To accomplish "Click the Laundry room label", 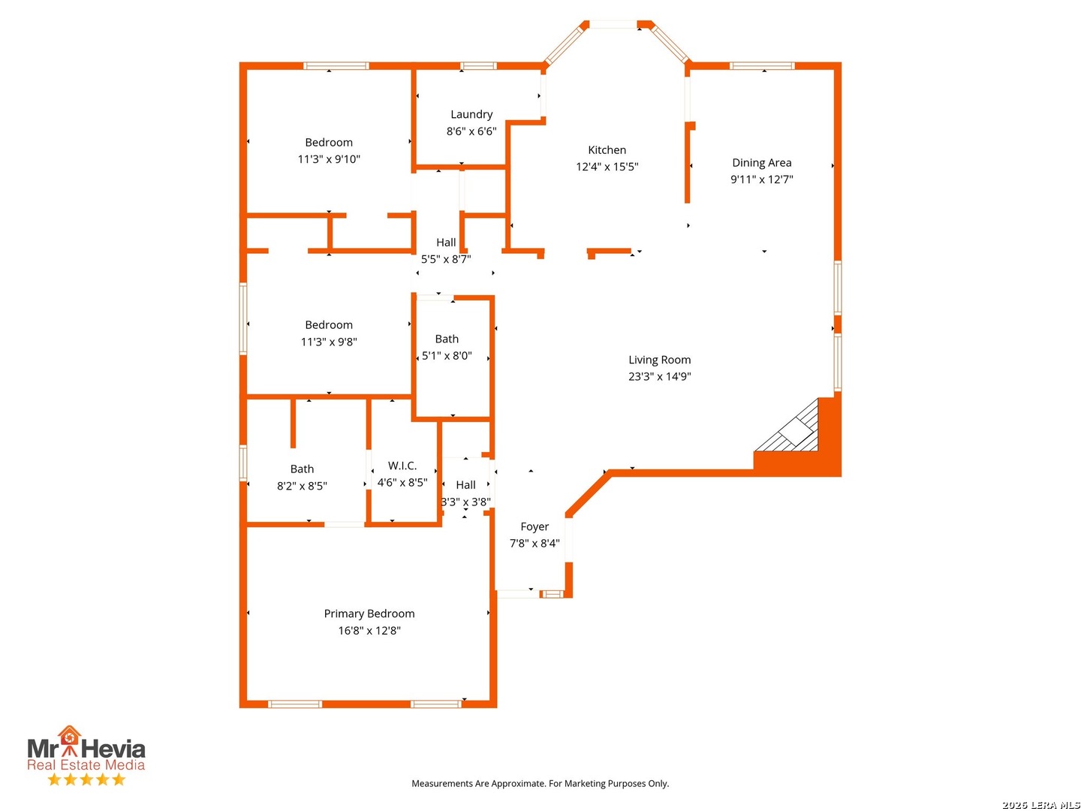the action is tap(471, 114).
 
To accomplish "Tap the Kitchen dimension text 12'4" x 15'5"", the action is tap(607, 167).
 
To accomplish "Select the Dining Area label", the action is tap(761, 162).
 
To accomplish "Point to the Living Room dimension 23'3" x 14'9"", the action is tap(659, 376).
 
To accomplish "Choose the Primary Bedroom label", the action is tap(369, 614).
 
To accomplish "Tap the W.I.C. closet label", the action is tap(402, 466).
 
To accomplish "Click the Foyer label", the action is tap(534, 526).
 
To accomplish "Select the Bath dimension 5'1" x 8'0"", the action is tap(446, 355).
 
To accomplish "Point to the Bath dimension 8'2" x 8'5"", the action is tap(301, 486).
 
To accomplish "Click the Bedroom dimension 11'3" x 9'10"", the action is tap(329, 159).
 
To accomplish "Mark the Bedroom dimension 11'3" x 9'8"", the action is tap(329, 341).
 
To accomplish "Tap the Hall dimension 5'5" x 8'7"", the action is tap(445, 259).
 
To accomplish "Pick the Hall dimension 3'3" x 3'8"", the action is tap(465, 502).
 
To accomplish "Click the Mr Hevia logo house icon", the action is tap(69, 740).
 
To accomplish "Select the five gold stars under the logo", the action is tap(86, 779).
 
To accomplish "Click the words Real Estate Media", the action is tap(86, 764).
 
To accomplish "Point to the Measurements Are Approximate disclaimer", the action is tap(540, 783).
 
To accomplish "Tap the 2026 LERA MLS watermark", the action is tap(1040, 804).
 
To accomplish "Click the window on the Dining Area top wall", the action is tap(761, 65).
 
